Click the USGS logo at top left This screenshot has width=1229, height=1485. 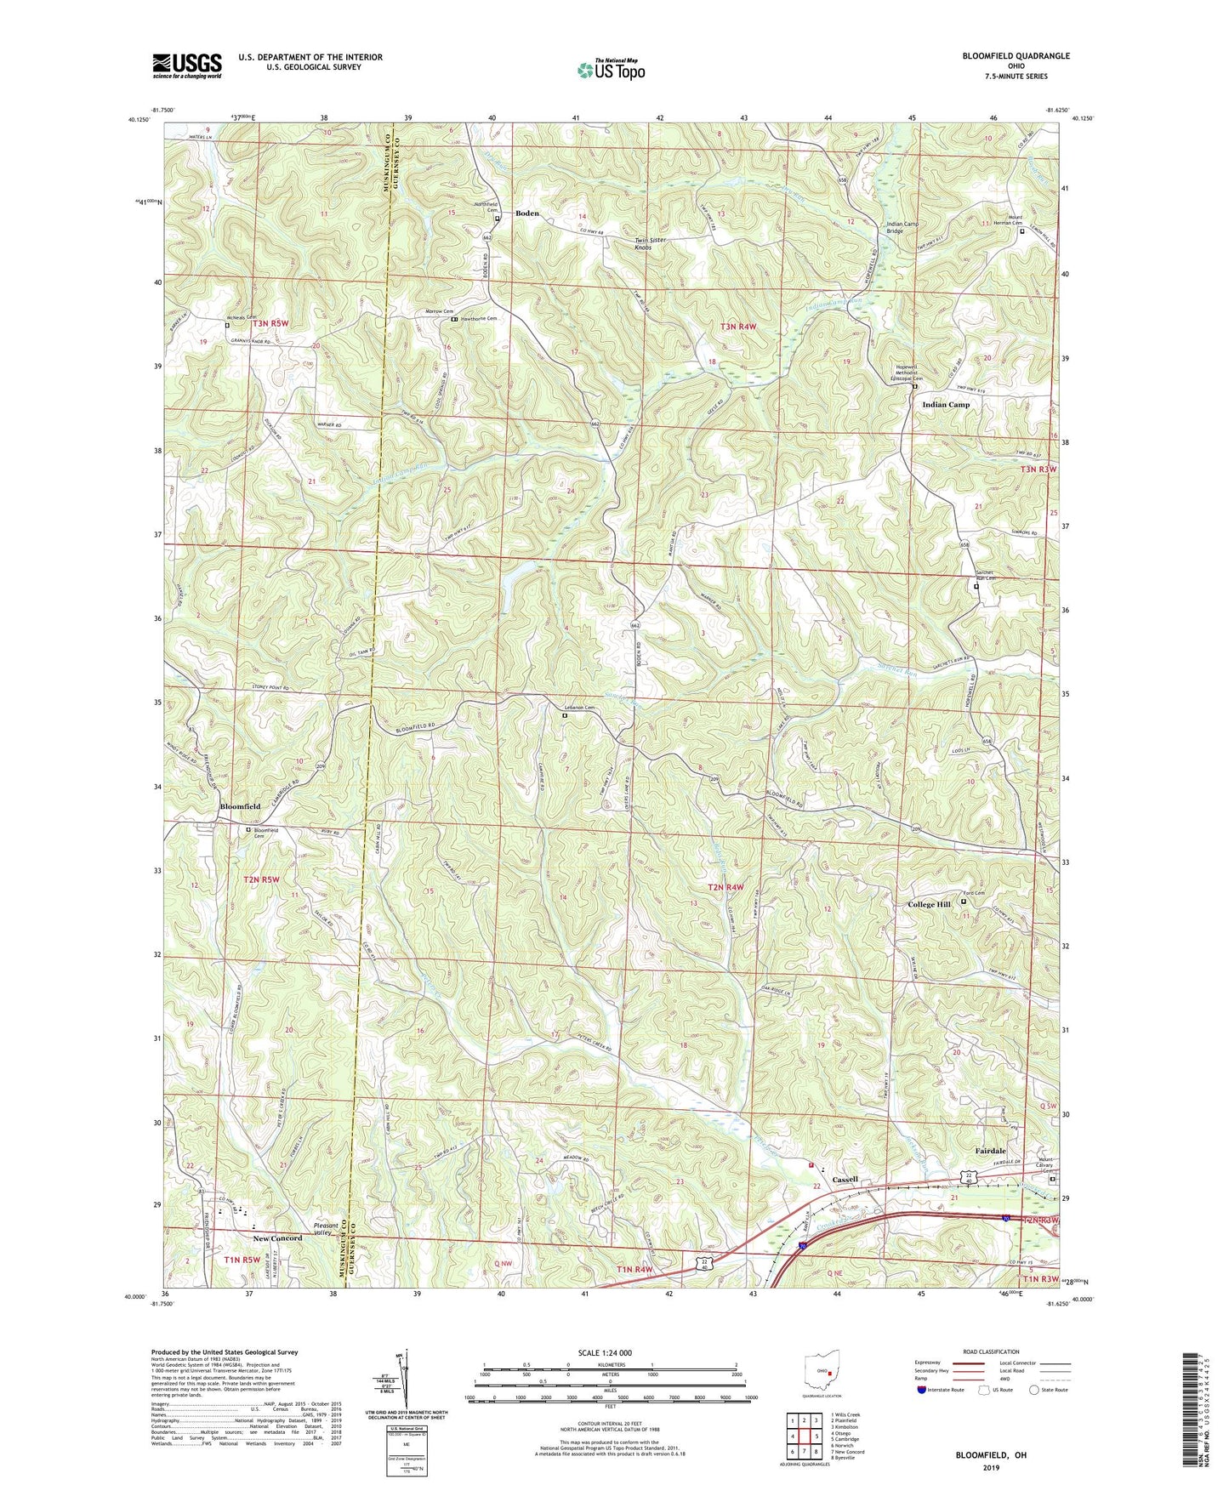(x=187, y=65)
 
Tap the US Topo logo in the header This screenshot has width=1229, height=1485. (x=610, y=70)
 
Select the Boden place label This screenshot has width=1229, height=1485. (x=527, y=213)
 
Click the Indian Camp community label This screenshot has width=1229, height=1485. (x=945, y=405)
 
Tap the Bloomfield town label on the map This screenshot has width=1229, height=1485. (x=241, y=805)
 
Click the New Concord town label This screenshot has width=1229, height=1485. (x=276, y=1237)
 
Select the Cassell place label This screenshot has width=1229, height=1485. (x=845, y=1180)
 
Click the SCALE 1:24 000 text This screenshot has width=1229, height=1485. (x=604, y=1352)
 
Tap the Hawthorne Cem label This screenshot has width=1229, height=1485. (x=480, y=319)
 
